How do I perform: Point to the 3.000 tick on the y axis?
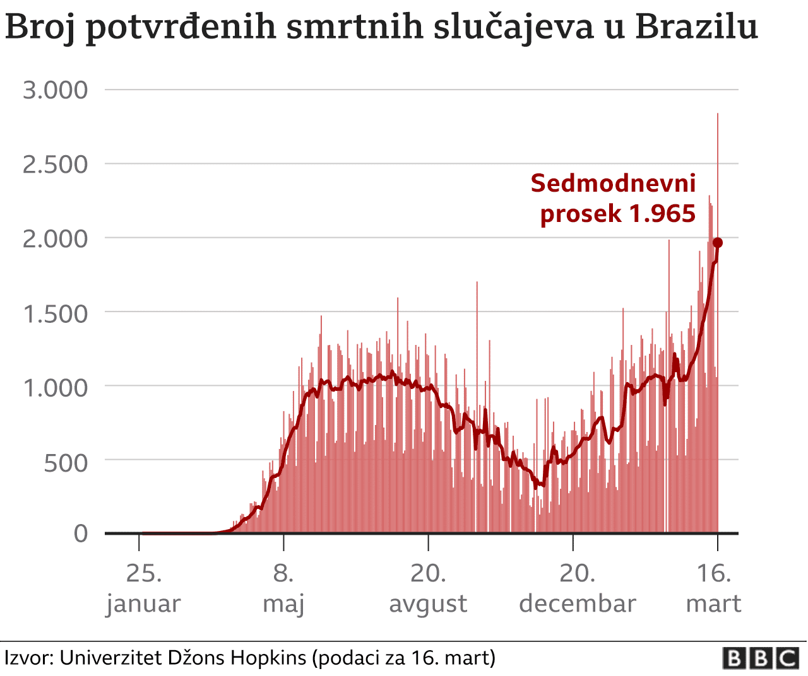[x=56, y=90]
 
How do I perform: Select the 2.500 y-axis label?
[x=56, y=165]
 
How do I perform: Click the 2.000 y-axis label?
[x=56, y=239]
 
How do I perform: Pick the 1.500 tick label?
[x=56, y=313]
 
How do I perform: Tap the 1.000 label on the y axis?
[x=56, y=388]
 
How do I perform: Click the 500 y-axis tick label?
[x=66, y=463]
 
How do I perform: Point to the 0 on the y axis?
[x=81, y=533]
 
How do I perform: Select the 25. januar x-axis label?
[x=143, y=588]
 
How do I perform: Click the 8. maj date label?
[x=283, y=588]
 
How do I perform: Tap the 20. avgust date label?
[x=428, y=588]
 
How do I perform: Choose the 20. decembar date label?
[x=577, y=588]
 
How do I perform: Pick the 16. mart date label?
[x=713, y=588]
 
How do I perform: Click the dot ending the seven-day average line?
[x=718, y=243]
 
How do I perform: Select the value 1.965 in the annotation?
[x=662, y=214]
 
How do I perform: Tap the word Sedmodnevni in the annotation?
[x=613, y=183]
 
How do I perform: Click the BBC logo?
[x=761, y=658]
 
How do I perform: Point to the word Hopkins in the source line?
[x=268, y=658]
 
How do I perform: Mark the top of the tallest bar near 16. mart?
[x=718, y=114]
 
